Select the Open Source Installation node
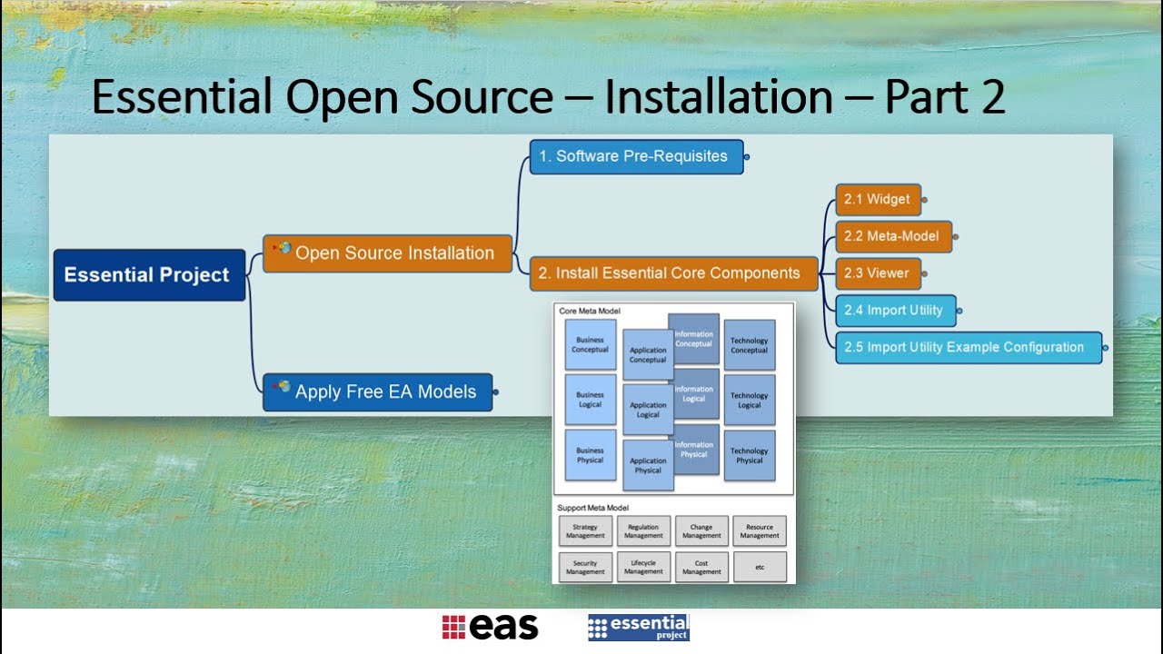pos(388,253)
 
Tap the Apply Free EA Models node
pos(378,392)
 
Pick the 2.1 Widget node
pos(878,200)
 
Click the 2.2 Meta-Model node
pos(893,236)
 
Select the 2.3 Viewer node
pos(878,273)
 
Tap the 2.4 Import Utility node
pos(895,311)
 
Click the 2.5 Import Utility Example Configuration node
pos(968,347)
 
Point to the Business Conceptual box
pos(590,345)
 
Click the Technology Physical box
pos(750,455)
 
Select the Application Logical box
pos(648,410)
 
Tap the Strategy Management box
pos(585,531)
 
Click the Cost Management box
pos(701,568)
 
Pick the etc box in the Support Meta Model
pos(760,568)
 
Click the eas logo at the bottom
pos(491,628)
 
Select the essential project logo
pos(639,628)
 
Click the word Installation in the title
pos(719,97)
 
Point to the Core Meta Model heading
pos(590,312)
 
